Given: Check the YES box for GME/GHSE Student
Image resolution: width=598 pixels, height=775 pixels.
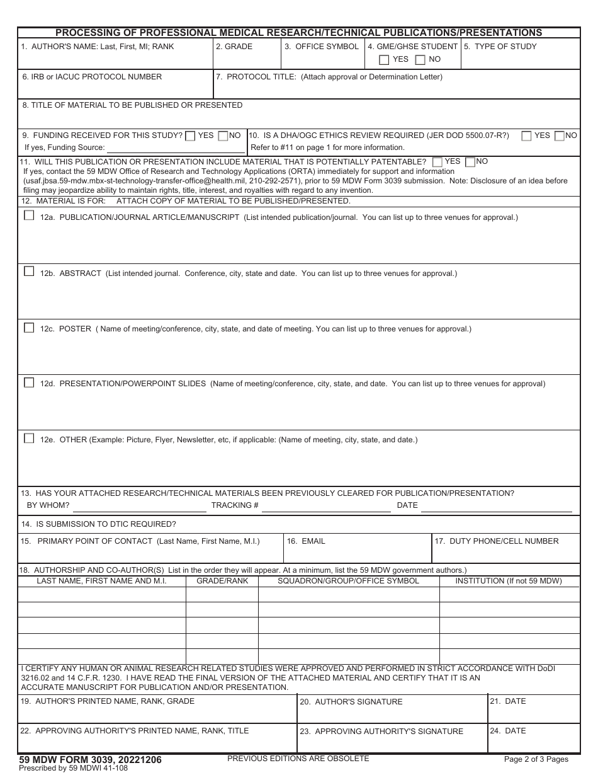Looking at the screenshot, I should click(x=384, y=60).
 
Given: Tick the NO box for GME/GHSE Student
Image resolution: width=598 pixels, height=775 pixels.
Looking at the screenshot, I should click(x=420, y=60).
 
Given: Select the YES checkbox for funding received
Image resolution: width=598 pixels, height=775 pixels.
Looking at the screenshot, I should click(x=190, y=136).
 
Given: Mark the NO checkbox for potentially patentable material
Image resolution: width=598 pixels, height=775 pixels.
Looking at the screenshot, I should click(x=470, y=162).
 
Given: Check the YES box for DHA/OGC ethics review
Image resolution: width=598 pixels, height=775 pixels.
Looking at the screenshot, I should click(x=526, y=136).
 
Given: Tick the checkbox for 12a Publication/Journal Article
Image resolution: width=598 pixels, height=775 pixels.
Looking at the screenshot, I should click(x=29, y=215).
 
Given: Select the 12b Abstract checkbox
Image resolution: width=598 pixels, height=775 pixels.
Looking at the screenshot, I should click(x=29, y=272).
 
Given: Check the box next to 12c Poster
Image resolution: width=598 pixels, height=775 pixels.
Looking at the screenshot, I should click(x=29, y=328).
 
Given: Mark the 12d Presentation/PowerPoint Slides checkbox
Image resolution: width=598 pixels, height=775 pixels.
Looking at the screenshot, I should click(x=29, y=382).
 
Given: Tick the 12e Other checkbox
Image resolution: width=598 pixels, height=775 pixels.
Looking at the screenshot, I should click(x=29, y=438).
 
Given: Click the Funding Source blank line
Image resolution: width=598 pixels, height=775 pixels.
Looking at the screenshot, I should click(x=176, y=148).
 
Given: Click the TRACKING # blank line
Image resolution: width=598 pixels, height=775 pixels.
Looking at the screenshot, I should click(x=326, y=506).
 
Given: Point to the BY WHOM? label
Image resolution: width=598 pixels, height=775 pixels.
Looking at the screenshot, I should click(x=48, y=505).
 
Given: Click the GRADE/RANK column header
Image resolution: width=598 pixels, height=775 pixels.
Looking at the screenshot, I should click(x=222, y=581).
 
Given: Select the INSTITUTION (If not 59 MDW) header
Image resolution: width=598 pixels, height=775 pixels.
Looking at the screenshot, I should click(x=509, y=581).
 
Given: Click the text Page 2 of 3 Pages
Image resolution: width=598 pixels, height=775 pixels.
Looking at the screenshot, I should click(x=536, y=759).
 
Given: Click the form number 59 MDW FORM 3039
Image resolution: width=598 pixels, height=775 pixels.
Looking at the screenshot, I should click(x=90, y=760).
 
